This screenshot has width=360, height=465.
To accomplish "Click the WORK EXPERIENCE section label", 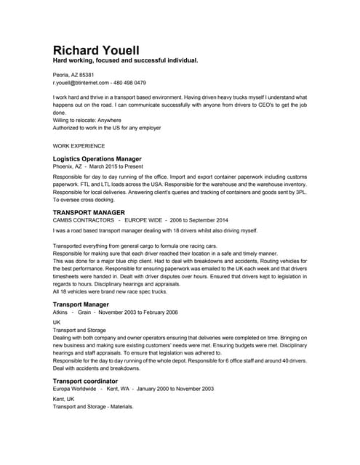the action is tap(79, 145).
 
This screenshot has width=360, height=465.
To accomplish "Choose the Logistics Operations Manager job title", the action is tap(97, 158).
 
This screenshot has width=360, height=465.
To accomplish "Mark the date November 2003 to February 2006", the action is tap(137, 312).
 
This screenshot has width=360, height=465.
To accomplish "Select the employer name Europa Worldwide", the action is tap(76, 389).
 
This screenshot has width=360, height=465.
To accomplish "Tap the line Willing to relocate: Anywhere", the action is tap(87, 120).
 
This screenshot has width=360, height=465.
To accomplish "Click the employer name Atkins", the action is tap(61, 312).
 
